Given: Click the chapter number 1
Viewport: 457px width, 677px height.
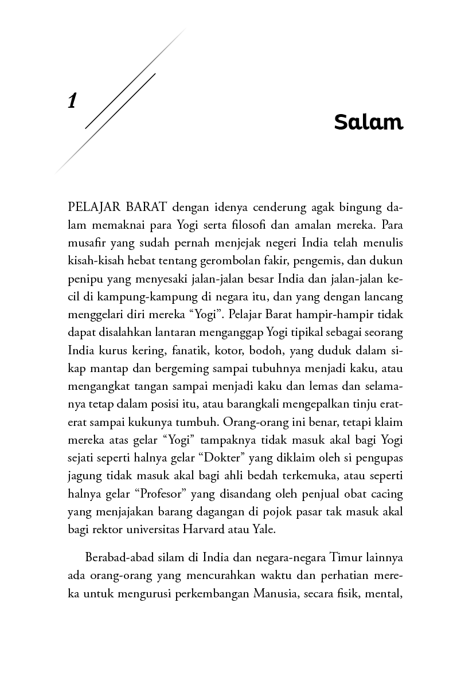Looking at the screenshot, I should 72,101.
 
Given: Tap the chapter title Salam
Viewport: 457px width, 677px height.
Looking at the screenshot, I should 369,122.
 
